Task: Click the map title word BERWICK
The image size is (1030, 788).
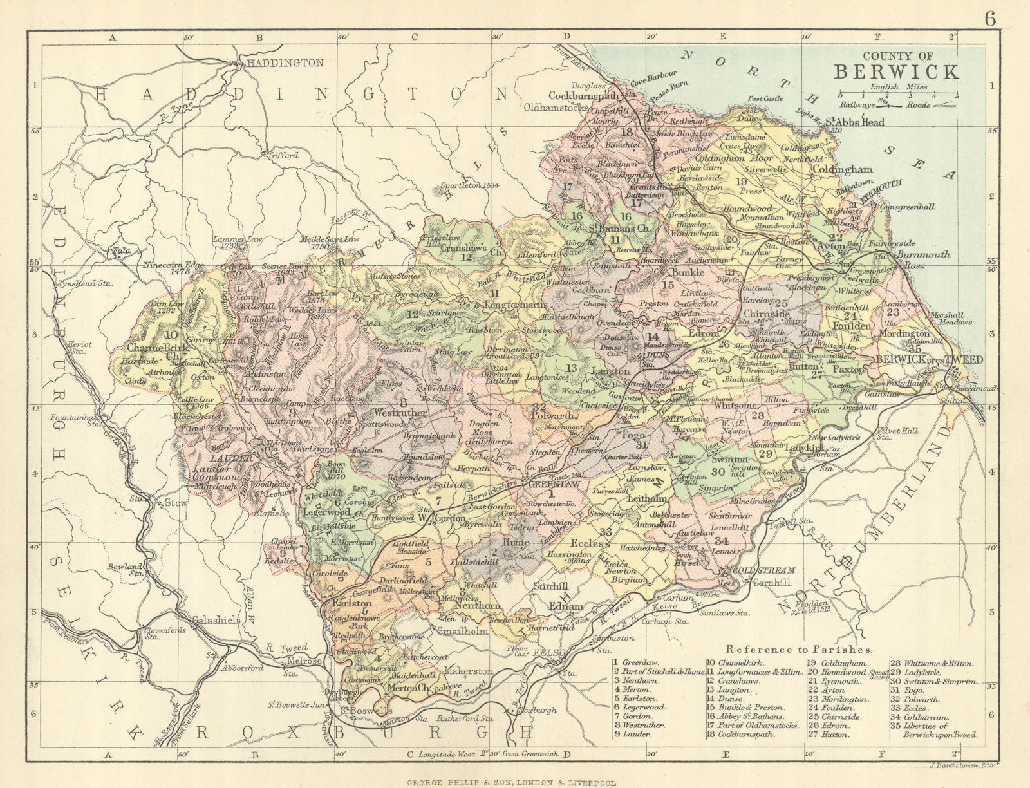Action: point(897,71)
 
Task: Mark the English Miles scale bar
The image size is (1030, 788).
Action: point(897,96)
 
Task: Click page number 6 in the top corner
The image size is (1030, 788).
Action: point(989,19)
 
